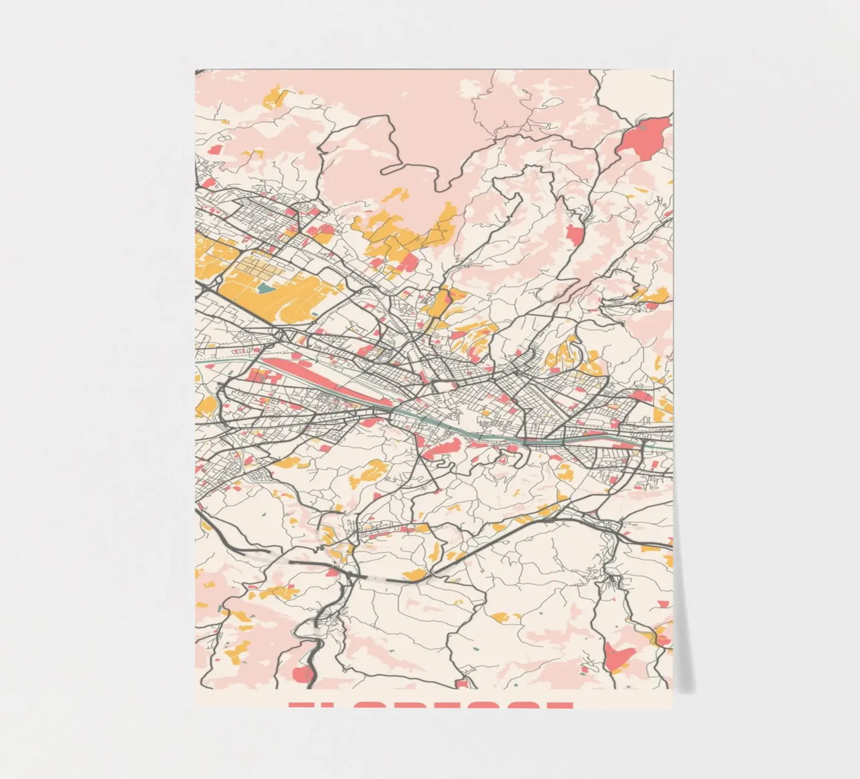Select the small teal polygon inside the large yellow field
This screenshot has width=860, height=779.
[265, 287]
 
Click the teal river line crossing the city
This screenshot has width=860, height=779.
[467, 430]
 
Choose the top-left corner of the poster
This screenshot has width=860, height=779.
[196, 70]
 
